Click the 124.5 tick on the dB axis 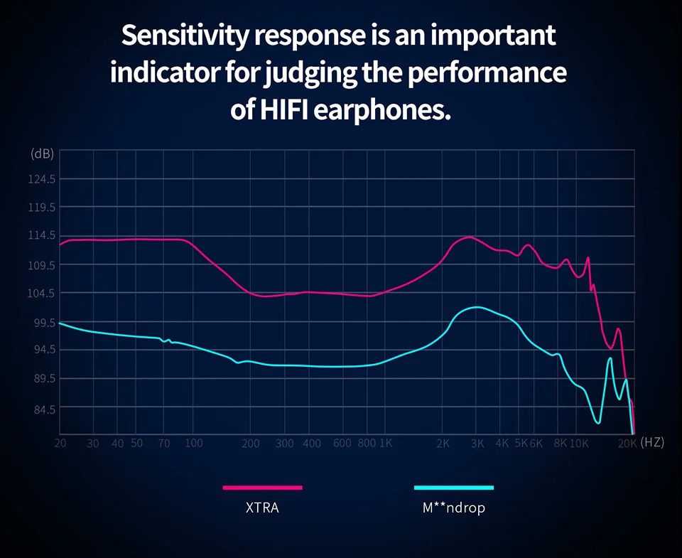41,180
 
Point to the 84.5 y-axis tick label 41,408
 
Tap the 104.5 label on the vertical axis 41,294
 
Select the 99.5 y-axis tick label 41,322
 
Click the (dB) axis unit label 42,154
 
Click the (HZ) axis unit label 651,442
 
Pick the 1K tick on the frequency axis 386,443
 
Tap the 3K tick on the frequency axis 477,443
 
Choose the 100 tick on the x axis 193,443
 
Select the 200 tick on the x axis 251,443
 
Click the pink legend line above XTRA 263,488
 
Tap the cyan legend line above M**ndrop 453,488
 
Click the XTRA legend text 263,508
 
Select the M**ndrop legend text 453,508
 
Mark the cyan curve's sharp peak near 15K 610,358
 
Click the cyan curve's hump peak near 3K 477,307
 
